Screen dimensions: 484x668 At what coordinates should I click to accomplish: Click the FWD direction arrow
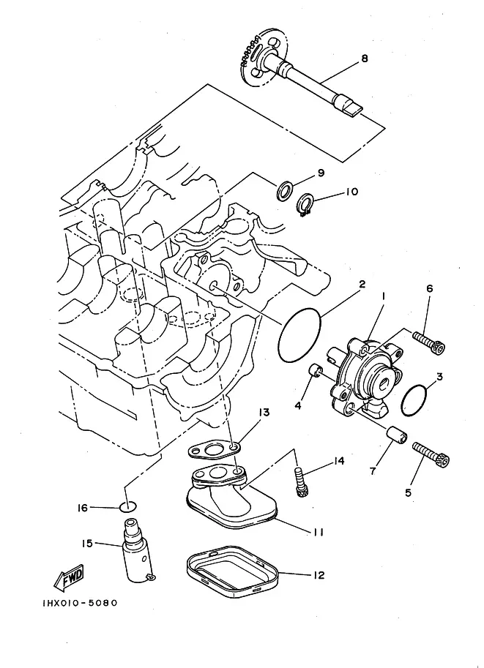click(69, 577)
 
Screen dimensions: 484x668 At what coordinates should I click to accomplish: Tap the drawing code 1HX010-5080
click(80, 603)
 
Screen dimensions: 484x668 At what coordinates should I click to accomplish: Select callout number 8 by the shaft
click(364, 59)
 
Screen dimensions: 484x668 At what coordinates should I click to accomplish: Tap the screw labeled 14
click(300, 481)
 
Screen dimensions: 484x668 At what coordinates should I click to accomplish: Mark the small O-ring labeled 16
click(128, 507)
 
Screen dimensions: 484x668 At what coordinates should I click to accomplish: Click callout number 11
click(318, 532)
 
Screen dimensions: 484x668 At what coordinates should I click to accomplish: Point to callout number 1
click(384, 295)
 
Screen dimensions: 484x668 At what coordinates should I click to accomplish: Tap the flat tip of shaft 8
click(352, 109)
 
